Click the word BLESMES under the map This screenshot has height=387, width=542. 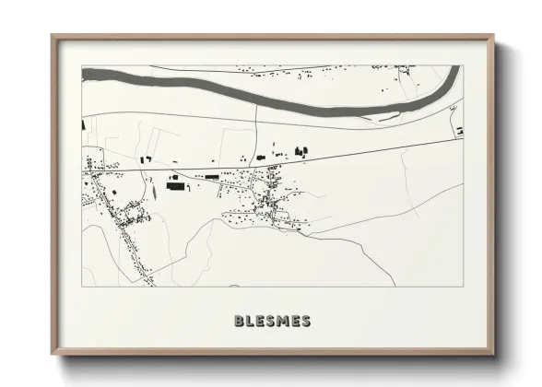[272, 321]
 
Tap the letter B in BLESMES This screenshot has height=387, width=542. [240, 321]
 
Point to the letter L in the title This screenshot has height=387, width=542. [251, 321]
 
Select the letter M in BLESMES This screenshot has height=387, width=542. [284, 321]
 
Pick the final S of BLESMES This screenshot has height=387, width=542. [305, 321]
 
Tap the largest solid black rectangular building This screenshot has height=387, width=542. [175, 185]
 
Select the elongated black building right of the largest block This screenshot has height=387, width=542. [212, 175]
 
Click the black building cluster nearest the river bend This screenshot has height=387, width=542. [300, 150]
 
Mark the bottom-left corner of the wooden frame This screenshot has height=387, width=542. [53, 354]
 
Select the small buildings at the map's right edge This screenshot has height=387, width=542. [458, 132]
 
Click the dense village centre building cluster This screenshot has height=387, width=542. [267, 198]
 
